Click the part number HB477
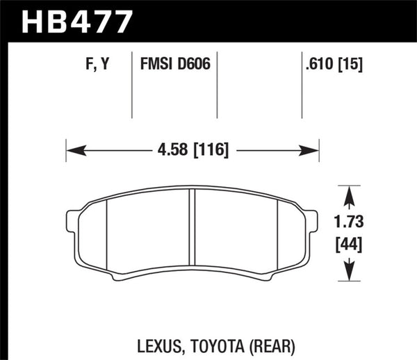tap(77, 21)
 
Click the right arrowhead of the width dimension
tap(312, 149)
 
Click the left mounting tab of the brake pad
tap(72, 222)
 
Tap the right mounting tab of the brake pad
tap(312, 222)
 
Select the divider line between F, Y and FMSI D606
tap(132, 87)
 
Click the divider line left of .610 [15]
tap(302, 87)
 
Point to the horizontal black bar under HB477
tap(208, 40)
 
